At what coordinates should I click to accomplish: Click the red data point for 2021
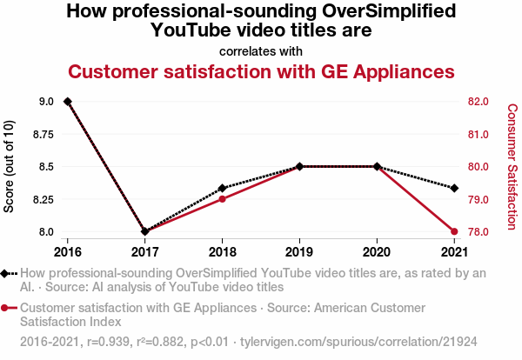(x=454, y=231)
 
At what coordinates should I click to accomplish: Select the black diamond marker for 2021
(x=454, y=188)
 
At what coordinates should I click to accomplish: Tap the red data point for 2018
(x=223, y=199)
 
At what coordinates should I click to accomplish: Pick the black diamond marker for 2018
(x=223, y=188)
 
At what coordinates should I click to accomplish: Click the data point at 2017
(x=145, y=231)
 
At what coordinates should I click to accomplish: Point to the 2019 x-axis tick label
(x=299, y=252)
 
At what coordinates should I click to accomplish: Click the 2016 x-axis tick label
(x=68, y=252)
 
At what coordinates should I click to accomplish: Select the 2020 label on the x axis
(x=377, y=252)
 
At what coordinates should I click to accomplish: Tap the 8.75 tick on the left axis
(x=41, y=134)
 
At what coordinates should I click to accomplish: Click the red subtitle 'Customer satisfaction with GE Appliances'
(x=261, y=70)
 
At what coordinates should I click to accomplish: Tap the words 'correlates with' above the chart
(x=261, y=50)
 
